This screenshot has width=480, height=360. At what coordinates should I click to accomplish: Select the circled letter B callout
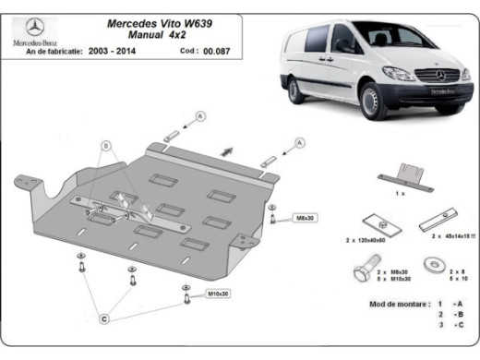coord(105,146)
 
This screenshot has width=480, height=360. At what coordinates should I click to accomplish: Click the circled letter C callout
coord(104,318)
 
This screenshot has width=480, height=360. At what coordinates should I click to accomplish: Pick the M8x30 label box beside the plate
coord(306,218)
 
